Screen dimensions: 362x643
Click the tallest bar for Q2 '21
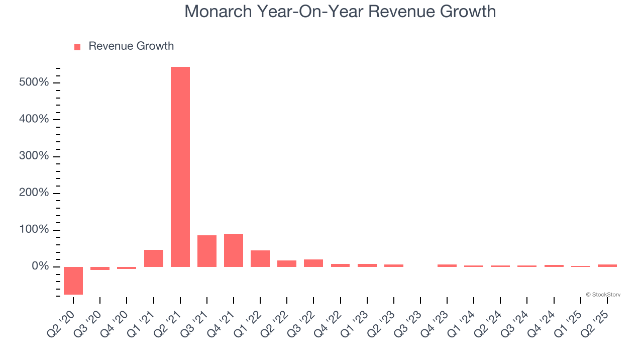(x=180, y=166)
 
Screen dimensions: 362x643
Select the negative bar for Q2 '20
(x=73, y=281)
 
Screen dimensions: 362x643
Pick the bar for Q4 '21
(x=234, y=250)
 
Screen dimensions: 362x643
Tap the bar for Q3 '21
(x=207, y=251)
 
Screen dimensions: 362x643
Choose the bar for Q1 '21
(x=154, y=258)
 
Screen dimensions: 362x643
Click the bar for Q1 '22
(x=260, y=258)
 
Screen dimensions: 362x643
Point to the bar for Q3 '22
(x=313, y=263)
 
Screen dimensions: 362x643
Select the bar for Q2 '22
(x=287, y=263)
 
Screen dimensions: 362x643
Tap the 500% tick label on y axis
(x=34, y=82)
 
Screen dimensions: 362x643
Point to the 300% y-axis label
(x=34, y=156)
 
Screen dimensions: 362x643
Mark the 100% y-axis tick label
(x=34, y=230)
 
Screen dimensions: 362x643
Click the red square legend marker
(x=77, y=47)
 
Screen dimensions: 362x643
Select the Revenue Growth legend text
(x=131, y=46)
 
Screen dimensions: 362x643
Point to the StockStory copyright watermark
(x=603, y=295)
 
